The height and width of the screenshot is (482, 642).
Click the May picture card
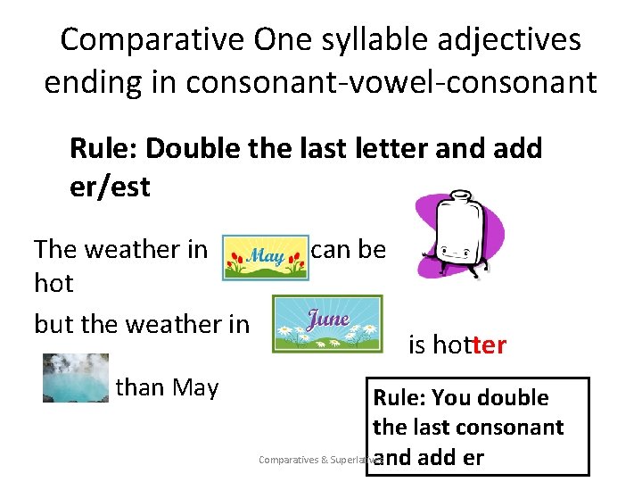(265, 257)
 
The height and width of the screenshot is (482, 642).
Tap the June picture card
(327, 323)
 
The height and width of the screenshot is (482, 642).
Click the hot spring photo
(76, 378)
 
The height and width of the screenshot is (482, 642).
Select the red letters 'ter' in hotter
(490, 345)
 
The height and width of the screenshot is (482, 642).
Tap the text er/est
(110, 187)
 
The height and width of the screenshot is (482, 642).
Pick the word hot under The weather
(53, 283)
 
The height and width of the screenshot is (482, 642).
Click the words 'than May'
(167, 387)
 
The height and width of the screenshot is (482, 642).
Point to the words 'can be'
(349, 250)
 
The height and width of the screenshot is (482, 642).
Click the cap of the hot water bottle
(460, 195)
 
